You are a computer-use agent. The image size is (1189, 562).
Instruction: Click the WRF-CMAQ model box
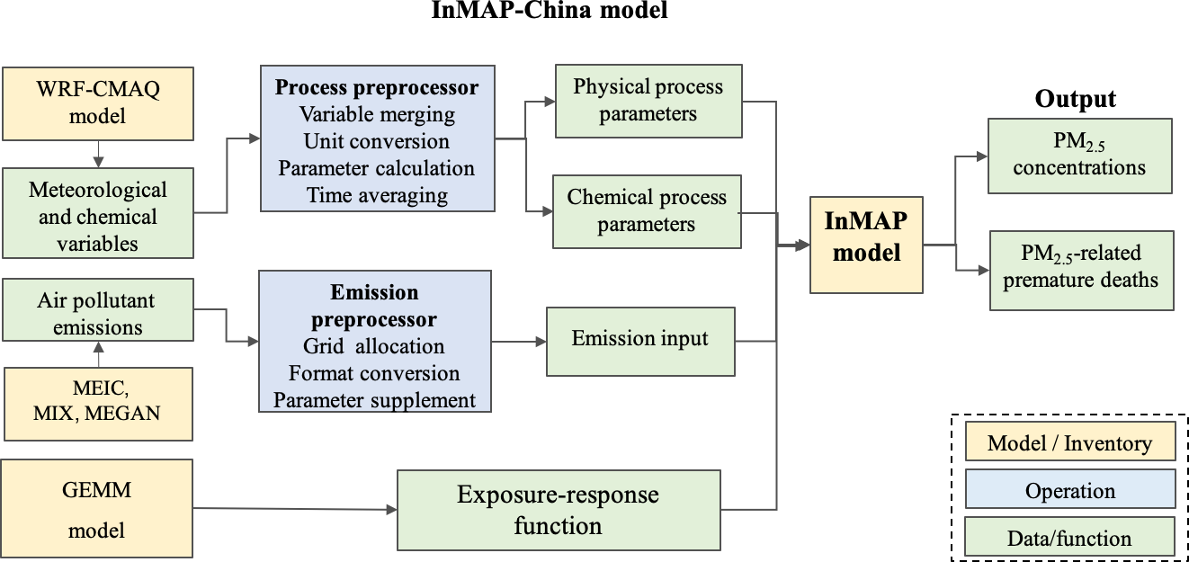pyautogui.click(x=97, y=103)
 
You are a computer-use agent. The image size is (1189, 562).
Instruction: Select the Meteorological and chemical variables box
pyautogui.click(x=97, y=217)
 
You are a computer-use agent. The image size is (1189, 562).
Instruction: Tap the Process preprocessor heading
pyautogui.click(x=377, y=88)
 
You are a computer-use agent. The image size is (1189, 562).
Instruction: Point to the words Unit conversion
pyautogui.click(x=377, y=142)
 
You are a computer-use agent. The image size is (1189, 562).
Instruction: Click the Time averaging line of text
pyautogui.click(x=377, y=196)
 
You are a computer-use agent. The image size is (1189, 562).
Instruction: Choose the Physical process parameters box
pyautogui.click(x=648, y=101)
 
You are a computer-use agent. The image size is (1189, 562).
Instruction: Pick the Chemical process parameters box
pyautogui.click(x=647, y=211)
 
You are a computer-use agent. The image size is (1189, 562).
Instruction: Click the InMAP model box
pyautogui.click(x=866, y=244)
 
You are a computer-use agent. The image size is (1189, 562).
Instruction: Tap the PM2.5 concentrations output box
pyautogui.click(x=1079, y=156)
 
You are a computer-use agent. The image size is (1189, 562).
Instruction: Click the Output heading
pyautogui.click(x=1075, y=99)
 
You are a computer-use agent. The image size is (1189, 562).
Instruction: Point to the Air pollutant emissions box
pyautogui.click(x=97, y=314)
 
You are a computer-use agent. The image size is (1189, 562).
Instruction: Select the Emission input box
pyautogui.click(x=640, y=340)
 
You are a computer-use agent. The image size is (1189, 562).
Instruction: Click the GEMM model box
pyautogui.click(x=97, y=508)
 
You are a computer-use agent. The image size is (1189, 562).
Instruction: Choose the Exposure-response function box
pyautogui.click(x=558, y=510)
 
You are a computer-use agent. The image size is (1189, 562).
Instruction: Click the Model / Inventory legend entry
pyautogui.click(x=1069, y=443)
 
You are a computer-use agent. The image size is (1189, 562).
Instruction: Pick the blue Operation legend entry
pyautogui.click(x=1069, y=491)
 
